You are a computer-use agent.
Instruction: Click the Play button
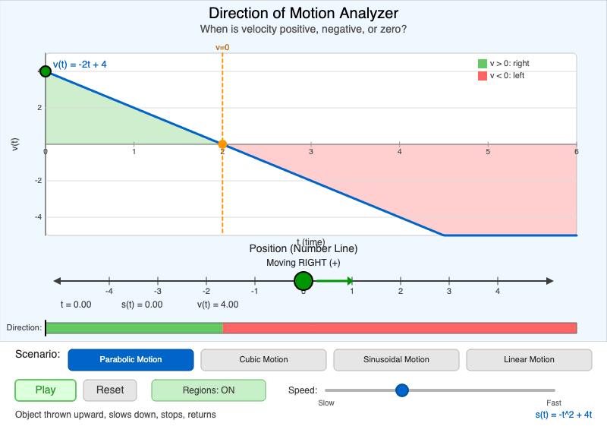click(46, 390)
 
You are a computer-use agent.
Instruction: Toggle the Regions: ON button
click(209, 390)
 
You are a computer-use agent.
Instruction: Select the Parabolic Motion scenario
click(131, 360)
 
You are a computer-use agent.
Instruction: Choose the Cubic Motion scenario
click(263, 360)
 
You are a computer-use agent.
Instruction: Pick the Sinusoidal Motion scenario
click(396, 360)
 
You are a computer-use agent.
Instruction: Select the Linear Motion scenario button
click(529, 360)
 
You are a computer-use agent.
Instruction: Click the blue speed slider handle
click(402, 390)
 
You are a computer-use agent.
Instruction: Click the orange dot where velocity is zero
click(222, 144)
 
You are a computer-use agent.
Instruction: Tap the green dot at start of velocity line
click(46, 71)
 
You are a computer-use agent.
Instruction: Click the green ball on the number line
click(303, 282)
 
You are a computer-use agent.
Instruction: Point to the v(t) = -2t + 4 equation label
click(80, 65)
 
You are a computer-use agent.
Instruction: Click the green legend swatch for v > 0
click(482, 64)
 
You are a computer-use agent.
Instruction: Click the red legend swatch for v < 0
click(482, 76)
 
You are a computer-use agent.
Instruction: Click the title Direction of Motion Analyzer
click(303, 13)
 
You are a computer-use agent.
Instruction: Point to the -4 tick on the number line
click(109, 291)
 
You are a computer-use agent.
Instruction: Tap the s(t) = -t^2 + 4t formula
click(563, 415)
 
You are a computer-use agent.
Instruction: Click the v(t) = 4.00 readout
click(218, 305)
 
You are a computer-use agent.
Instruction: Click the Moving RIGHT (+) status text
click(303, 263)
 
